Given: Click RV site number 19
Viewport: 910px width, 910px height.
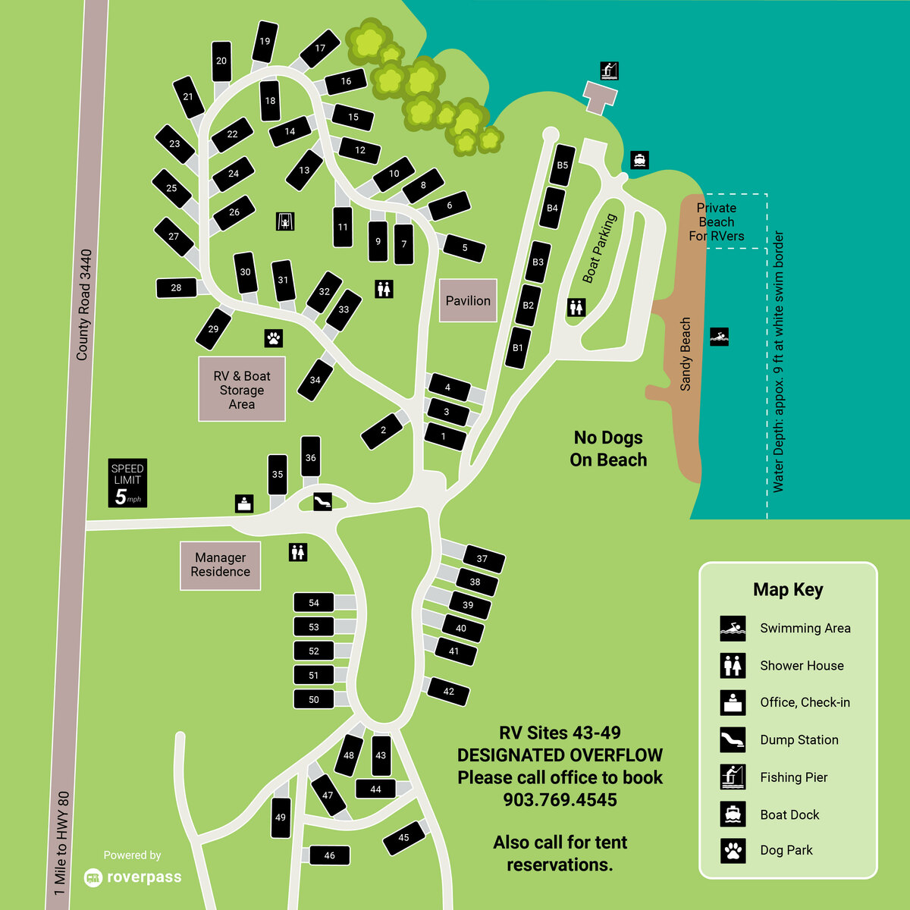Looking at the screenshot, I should click(265, 42).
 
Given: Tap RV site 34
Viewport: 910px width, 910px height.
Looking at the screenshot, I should click(315, 380).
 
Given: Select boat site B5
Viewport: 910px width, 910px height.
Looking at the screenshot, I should click(562, 165).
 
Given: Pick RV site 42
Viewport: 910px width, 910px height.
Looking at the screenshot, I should click(448, 692).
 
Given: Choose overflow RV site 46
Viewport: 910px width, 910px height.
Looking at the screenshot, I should click(329, 855).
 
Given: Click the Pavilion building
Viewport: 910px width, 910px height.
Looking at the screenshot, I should click(468, 300).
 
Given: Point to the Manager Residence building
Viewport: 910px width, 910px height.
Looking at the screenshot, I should click(220, 565).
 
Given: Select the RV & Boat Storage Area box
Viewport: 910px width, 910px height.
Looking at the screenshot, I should click(242, 389).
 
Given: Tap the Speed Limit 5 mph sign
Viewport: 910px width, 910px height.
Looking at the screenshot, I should click(127, 483).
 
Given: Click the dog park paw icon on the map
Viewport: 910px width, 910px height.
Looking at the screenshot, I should click(274, 337).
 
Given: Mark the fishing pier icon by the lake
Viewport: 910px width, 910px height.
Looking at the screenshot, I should click(609, 71).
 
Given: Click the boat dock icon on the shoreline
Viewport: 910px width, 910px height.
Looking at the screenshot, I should click(640, 160).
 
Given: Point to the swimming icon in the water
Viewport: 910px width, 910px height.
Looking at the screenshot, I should click(719, 337).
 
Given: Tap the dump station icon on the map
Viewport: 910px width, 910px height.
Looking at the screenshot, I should click(323, 501).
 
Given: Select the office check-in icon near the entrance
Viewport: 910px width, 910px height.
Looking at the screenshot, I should click(244, 503).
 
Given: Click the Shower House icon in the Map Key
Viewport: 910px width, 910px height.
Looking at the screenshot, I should click(733, 666).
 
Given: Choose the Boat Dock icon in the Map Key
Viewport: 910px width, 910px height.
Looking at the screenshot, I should click(733, 814).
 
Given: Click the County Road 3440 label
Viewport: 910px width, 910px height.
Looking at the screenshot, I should click(83, 305).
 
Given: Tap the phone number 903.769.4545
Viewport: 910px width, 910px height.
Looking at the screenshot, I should click(560, 800).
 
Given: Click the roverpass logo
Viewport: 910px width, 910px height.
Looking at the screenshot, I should click(133, 877).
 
